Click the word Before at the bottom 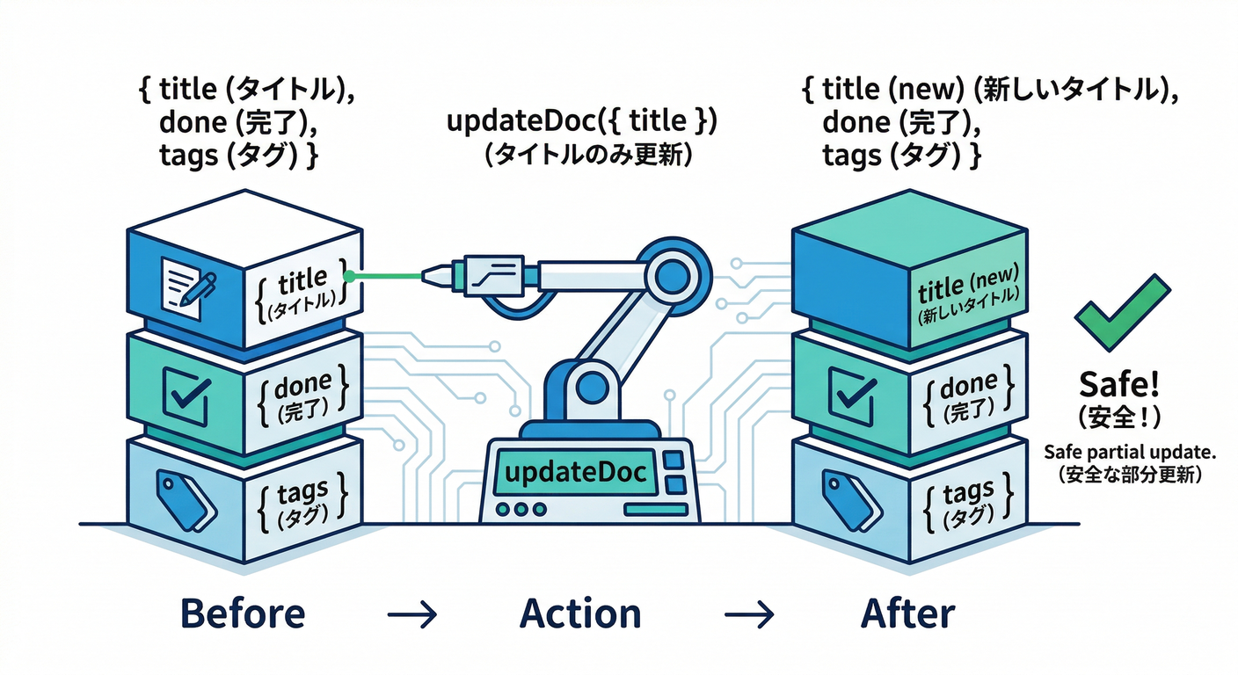click(x=243, y=613)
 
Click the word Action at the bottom click(x=580, y=613)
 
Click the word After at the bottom click(x=908, y=613)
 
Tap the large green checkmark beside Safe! click(x=1122, y=315)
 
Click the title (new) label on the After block click(x=968, y=289)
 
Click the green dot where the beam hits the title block click(x=350, y=276)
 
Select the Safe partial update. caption click(x=1129, y=452)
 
